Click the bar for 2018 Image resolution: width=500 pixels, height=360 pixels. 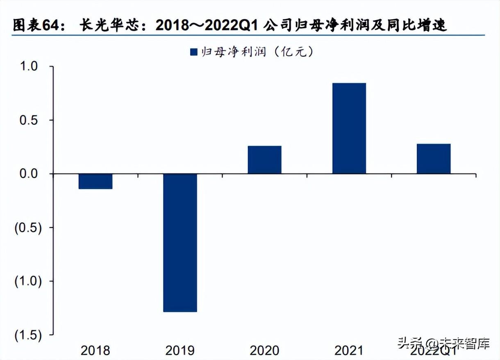click(95, 181)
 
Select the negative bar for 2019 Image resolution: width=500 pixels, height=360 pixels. click(180, 243)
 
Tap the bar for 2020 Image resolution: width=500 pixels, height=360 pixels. click(264, 159)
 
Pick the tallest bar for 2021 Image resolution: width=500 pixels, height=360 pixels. click(349, 128)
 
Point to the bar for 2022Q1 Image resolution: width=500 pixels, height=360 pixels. click(434, 159)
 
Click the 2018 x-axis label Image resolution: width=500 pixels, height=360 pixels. click(95, 350)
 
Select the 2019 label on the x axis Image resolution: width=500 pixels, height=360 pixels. click(180, 350)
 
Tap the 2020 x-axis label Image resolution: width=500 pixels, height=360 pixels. click(264, 350)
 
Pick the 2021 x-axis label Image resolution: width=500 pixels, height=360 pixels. click(349, 350)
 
